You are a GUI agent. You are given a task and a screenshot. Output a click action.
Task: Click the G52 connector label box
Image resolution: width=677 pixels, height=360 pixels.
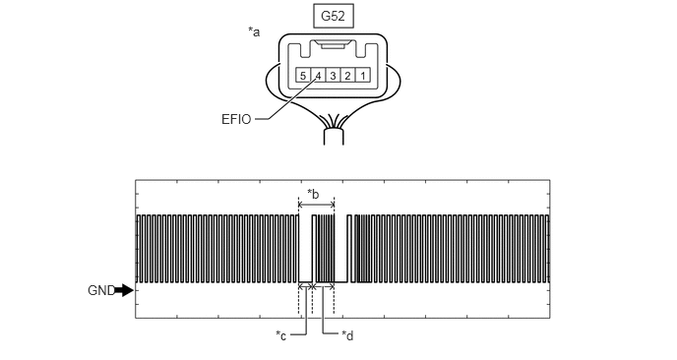pyautogui.click(x=333, y=17)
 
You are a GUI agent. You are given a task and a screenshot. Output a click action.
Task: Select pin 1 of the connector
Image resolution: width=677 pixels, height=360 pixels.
pyautogui.click(x=363, y=76)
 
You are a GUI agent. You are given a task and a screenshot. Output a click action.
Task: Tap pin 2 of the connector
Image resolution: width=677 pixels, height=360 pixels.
pyautogui.click(x=347, y=76)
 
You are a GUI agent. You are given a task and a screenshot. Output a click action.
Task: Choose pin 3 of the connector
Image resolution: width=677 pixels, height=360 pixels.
pyautogui.click(x=333, y=76)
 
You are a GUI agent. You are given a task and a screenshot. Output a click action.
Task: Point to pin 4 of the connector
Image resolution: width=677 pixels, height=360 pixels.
pyautogui.click(x=318, y=76)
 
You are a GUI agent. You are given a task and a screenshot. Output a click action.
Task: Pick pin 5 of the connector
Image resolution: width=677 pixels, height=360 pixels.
pyautogui.click(x=303, y=76)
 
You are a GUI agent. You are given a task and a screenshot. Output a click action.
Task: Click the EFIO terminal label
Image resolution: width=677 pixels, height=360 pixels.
pyautogui.click(x=236, y=119)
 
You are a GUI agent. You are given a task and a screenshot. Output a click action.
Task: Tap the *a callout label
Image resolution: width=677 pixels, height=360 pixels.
pyautogui.click(x=254, y=31)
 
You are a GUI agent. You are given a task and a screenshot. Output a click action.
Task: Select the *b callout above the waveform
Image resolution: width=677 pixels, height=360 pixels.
pyautogui.click(x=313, y=194)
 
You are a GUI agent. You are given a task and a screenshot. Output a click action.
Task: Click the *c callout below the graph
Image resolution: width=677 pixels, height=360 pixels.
pyautogui.click(x=281, y=335)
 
